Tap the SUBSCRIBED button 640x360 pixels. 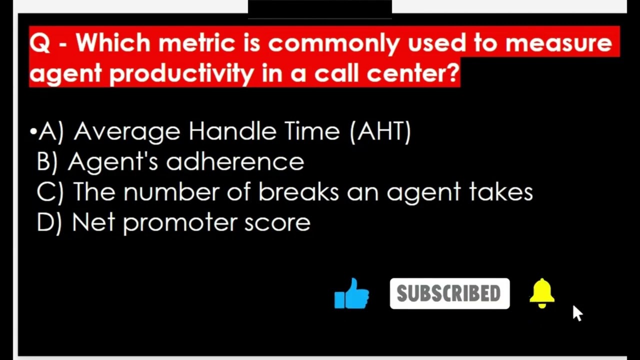(449, 293)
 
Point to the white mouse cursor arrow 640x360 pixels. (577, 312)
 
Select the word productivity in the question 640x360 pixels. (182, 73)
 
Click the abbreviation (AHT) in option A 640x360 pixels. (380, 131)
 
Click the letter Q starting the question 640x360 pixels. (39, 43)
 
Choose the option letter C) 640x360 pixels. (49, 192)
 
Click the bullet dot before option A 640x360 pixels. (33, 132)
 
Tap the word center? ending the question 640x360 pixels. (413, 73)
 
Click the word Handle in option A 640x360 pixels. (232, 131)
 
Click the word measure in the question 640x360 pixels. (558, 43)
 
